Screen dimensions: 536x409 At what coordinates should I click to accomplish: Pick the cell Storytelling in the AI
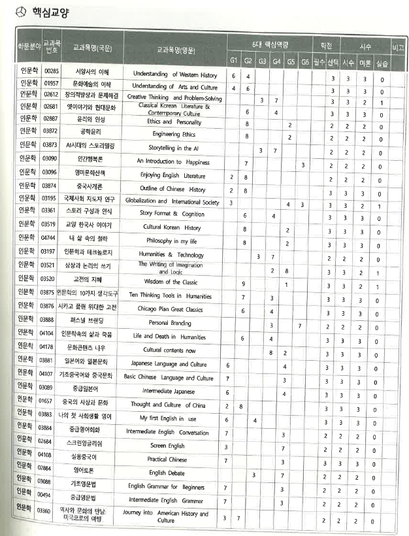pos(174,148)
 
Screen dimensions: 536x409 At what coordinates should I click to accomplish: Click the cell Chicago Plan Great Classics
pos(175,309)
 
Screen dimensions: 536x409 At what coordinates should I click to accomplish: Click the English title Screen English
pos(167,445)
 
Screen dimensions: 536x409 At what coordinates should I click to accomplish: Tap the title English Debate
pos(167,473)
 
